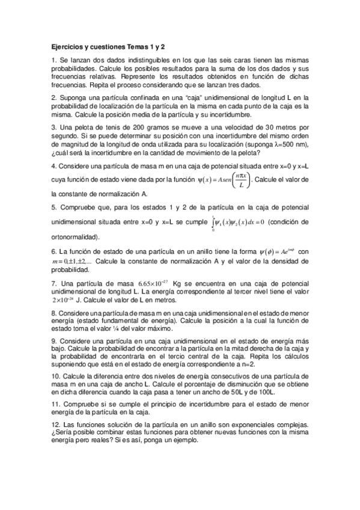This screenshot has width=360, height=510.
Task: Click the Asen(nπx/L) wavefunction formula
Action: (x=222, y=180)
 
